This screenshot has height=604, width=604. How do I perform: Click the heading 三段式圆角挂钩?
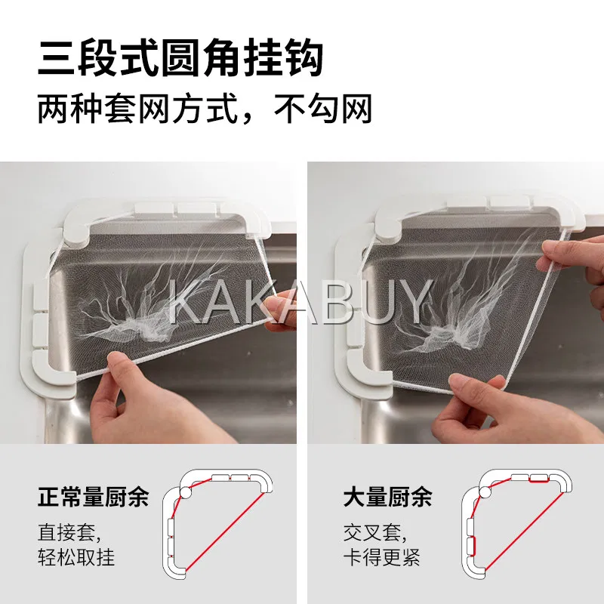point(180,58)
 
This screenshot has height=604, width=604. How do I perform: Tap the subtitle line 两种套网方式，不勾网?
point(205,109)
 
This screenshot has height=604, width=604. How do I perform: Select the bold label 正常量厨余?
point(93,497)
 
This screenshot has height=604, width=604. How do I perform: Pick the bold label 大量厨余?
point(388,497)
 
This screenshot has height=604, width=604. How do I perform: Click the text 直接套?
point(69,533)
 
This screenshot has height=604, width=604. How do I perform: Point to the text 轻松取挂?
point(76,556)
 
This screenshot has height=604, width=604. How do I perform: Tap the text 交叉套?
point(375,533)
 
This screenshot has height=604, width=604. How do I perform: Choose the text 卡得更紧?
point(382,556)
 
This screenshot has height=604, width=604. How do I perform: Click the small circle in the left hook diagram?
point(186,493)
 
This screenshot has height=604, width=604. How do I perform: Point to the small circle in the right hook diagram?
point(485,493)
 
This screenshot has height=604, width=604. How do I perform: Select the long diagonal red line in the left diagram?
point(225,532)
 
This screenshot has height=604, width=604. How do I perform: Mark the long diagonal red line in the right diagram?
point(524,532)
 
